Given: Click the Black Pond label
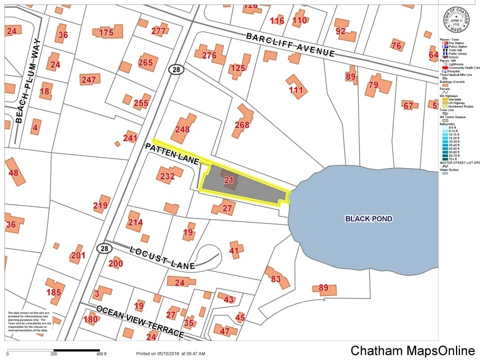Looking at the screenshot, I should [x=368, y=218].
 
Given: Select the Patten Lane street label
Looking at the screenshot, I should [x=172, y=153].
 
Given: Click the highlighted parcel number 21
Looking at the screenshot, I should [x=229, y=180].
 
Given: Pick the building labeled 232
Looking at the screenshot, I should [x=167, y=176].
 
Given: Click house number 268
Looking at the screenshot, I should [x=242, y=124].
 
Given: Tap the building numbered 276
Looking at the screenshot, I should [x=209, y=55].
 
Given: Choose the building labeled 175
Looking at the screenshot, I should [x=106, y=32].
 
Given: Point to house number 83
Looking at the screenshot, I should [x=276, y=279].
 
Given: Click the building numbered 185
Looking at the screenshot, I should [x=53, y=291].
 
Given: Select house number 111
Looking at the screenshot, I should [x=296, y=90].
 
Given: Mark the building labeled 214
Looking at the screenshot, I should [x=135, y=222].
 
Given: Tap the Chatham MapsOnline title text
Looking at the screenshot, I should [x=412, y=350].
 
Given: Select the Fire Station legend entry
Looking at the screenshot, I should [x=455, y=43].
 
